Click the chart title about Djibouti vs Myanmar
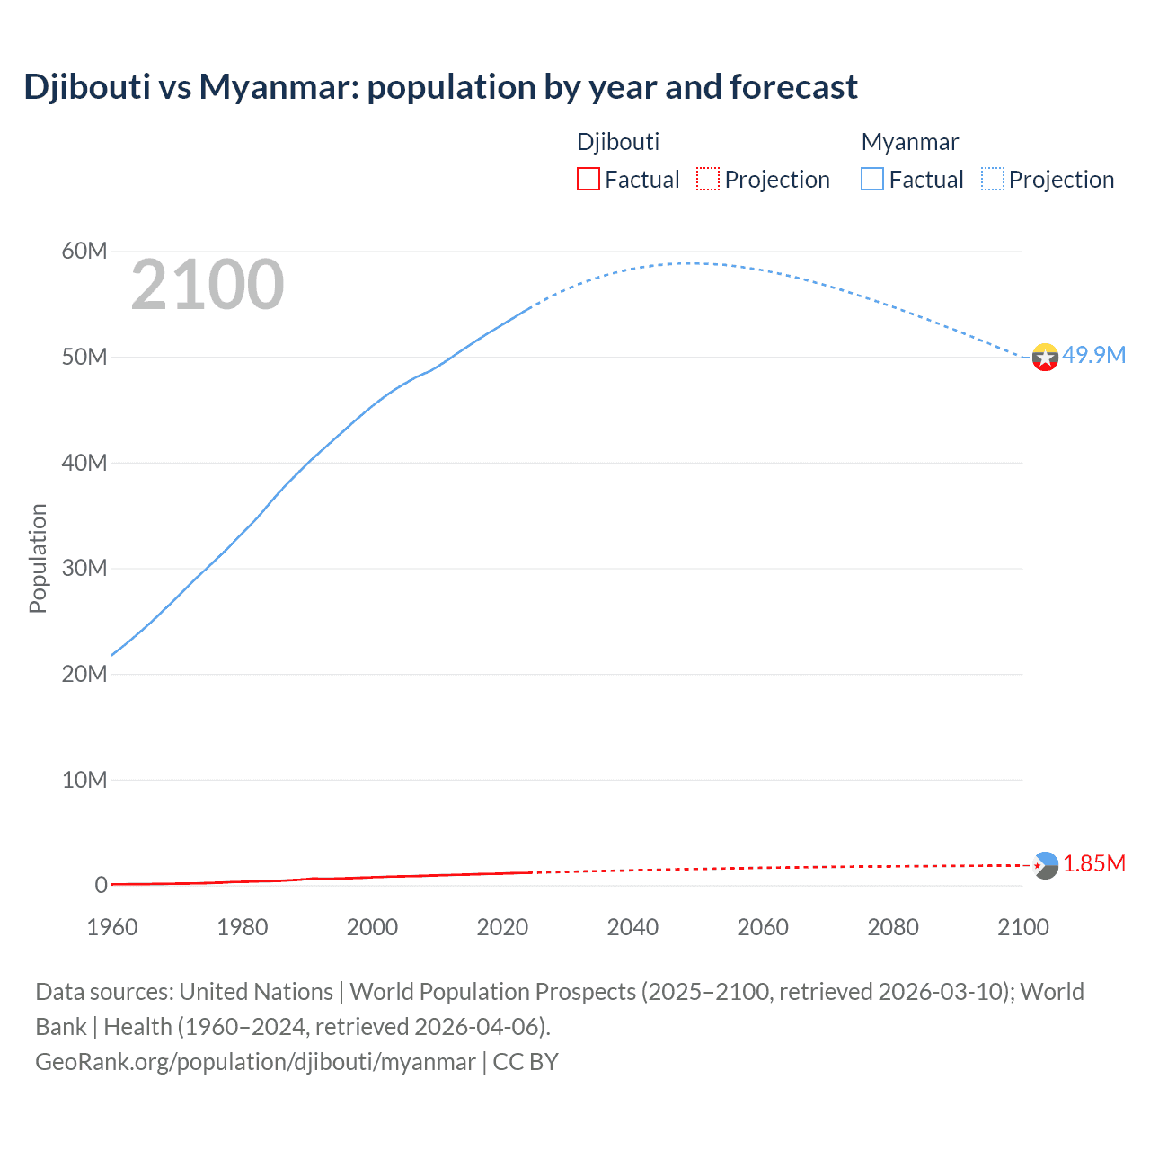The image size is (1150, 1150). tap(440, 87)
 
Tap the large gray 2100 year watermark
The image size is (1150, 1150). tap(208, 285)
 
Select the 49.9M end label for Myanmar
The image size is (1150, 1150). tap(1093, 355)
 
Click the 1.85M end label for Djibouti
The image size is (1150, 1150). tap(1093, 863)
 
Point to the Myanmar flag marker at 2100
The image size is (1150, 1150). tap(1045, 358)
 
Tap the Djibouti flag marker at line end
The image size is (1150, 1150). tap(1045, 865)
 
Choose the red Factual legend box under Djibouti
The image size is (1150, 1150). tap(588, 179)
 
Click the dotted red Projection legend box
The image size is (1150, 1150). tap(708, 179)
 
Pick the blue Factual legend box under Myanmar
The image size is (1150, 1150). tap(871, 179)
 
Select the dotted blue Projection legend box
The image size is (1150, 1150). tap(992, 179)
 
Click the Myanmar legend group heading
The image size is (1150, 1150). tap(909, 142)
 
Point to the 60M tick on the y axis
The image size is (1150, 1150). tap(84, 251)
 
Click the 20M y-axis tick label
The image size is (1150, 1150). tap(84, 674)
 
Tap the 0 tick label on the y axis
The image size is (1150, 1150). tap(101, 885)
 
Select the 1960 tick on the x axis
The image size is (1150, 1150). tap(112, 927)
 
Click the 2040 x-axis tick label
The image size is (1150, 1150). tap(632, 927)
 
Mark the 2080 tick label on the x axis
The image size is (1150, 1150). tap(893, 927)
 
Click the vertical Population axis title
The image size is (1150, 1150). tap(38, 558)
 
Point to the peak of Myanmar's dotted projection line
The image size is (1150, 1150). tap(687, 263)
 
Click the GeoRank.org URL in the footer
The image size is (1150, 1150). tap(255, 1062)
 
